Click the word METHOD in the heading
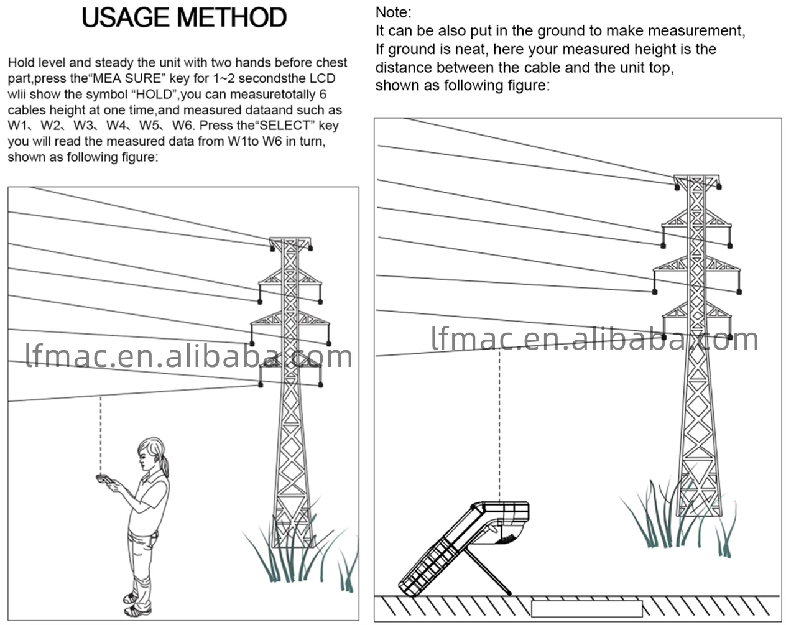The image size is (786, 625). click(x=232, y=17)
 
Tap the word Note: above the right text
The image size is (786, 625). click(x=394, y=12)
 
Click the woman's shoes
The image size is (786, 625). click(x=136, y=604)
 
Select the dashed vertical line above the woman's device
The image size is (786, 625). click(x=101, y=435)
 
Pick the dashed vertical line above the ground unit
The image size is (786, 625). click(x=499, y=425)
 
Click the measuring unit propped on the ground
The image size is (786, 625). click(x=464, y=549)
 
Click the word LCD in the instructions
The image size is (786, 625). click(x=323, y=78)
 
